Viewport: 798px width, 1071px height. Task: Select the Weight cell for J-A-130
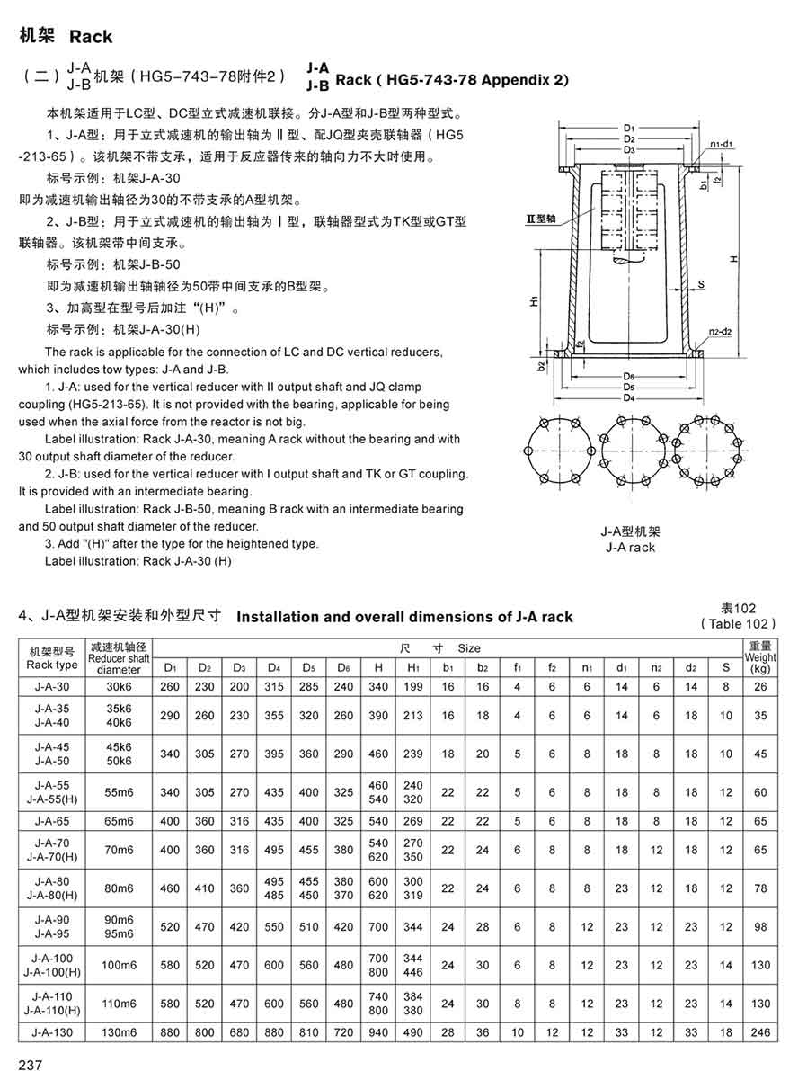pyautogui.click(x=760, y=1033)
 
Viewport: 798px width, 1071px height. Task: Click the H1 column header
pyautogui.click(x=413, y=666)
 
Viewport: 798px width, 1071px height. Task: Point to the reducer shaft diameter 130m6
pyautogui.click(x=119, y=1033)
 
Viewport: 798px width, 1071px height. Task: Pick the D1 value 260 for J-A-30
pyautogui.click(x=171, y=687)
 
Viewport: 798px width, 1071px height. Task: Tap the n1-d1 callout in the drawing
pyautogui.click(x=721, y=144)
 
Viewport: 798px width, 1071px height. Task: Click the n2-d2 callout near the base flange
pyautogui.click(x=721, y=332)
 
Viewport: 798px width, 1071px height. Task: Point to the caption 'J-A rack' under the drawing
pyautogui.click(x=630, y=547)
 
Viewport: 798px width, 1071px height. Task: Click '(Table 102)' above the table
pyautogui.click(x=737, y=623)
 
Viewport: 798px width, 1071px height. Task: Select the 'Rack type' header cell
pyautogui.click(x=52, y=665)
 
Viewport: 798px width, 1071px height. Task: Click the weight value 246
pyautogui.click(x=760, y=1033)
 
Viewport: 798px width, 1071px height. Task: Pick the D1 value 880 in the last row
pyautogui.click(x=171, y=1033)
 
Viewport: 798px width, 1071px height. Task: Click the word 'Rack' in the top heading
pyautogui.click(x=91, y=37)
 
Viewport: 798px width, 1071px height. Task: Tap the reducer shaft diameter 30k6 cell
pyautogui.click(x=119, y=687)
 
